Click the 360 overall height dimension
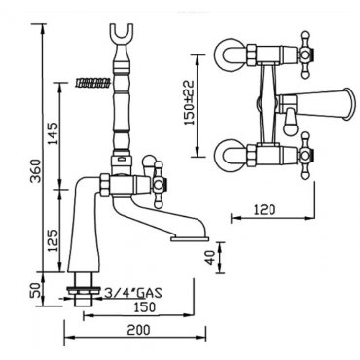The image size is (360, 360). [36, 170]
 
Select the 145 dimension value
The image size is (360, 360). [54, 133]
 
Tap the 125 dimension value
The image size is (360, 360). [54, 240]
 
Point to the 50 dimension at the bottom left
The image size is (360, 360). [36, 290]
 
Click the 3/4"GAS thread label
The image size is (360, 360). [133, 294]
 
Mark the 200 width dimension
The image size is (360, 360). [138, 330]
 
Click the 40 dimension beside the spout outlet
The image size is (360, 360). [211, 258]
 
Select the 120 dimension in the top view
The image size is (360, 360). [265, 210]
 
